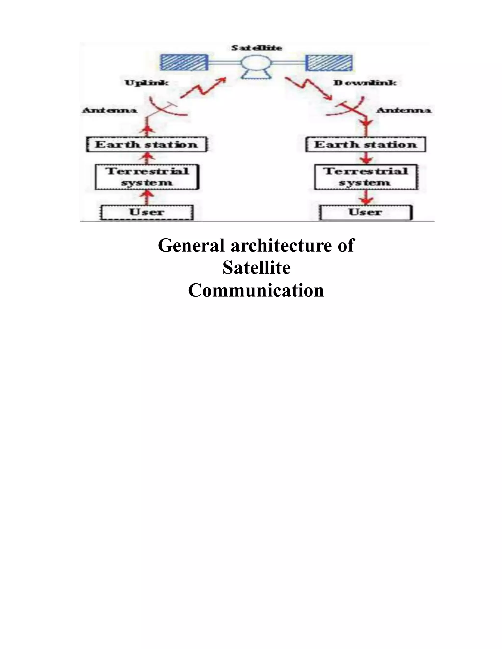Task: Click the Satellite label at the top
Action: pyautogui.click(x=257, y=48)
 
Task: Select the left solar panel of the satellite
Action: pyautogui.click(x=184, y=63)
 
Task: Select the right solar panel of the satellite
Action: pyautogui.click(x=329, y=63)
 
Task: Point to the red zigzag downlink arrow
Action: pyautogui.click(x=309, y=88)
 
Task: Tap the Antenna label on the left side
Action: pyautogui.click(x=109, y=110)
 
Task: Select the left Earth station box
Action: pyautogui.click(x=147, y=145)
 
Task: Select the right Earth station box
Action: pyautogui.click(x=365, y=145)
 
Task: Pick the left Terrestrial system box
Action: pyautogui.click(x=147, y=177)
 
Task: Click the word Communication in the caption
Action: pyautogui.click(x=256, y=290)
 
